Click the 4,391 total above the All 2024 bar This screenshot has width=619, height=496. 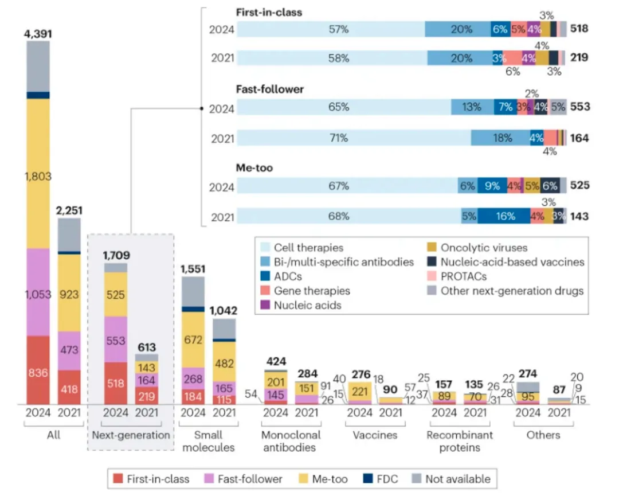[x=38, y=34]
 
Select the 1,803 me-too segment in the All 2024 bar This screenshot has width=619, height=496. [x=38, y=177]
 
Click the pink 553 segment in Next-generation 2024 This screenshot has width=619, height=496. [x=116, y=340]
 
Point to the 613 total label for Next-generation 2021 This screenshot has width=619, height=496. [x=147, y=347]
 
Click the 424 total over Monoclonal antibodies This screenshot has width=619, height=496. [x=276, y=362]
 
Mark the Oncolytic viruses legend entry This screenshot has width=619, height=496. [x=483, y=248]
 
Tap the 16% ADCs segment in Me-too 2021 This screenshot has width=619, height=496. [x=504, y=217]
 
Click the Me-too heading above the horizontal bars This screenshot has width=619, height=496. [x=254, y=168]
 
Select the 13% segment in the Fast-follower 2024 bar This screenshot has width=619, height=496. [x=472, y=107]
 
